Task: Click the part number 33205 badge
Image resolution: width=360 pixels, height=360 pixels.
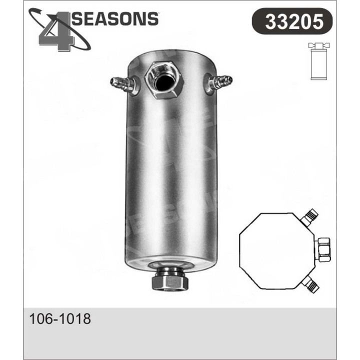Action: [x=292, y=21]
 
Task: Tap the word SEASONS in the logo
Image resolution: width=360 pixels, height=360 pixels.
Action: [x=115, y=18]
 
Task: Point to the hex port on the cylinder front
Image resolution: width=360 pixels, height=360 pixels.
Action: [x=163, y=80]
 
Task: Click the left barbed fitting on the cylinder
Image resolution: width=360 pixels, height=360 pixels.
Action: [x=122, y=83]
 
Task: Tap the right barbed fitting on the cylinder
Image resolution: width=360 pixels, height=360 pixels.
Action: [x=219, y=81]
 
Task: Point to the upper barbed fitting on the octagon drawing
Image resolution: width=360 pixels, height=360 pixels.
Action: [x=310, y=216]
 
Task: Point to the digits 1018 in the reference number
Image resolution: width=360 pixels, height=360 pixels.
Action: [x=74, y=319]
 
